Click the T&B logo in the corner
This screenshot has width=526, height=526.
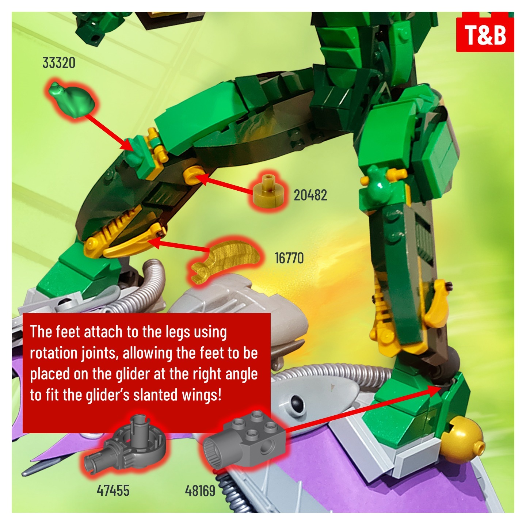(x=485, y=32)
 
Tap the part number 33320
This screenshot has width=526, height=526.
(x=59, y=63)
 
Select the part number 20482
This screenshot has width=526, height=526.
(x=310, y=195)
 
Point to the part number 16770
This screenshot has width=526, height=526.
(x=289, y=258)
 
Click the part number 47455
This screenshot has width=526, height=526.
(x=113, y=491)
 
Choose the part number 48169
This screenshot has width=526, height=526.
(x=200, y=491)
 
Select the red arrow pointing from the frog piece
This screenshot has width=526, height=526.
(x=110, y=132)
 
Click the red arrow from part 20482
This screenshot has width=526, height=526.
(x=224, y=184)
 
